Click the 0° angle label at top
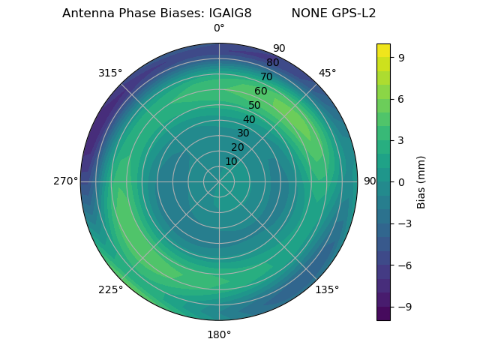(x=219, y=28)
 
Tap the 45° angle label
(x=327, y=73)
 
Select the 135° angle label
(x=327, y=289)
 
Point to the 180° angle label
(x=219, y=334)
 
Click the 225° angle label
(x=110, y=289)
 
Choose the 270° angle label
(x=65, y=181)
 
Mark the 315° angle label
(x=110, y=73)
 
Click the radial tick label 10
(x=231, y=161)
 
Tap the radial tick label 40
(x=249, y=119)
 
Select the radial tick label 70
(x=267, y=76)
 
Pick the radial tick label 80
(x=272, y=62)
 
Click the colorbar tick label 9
(x=402, y=56)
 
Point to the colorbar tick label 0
(x=402, y=181)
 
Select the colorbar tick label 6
(x=402, y=98)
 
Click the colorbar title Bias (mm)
(x=421, y=181)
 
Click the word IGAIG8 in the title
(x=226, y=13)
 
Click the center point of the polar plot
(x=219, y=181)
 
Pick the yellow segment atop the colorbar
(x=383, y=50)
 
